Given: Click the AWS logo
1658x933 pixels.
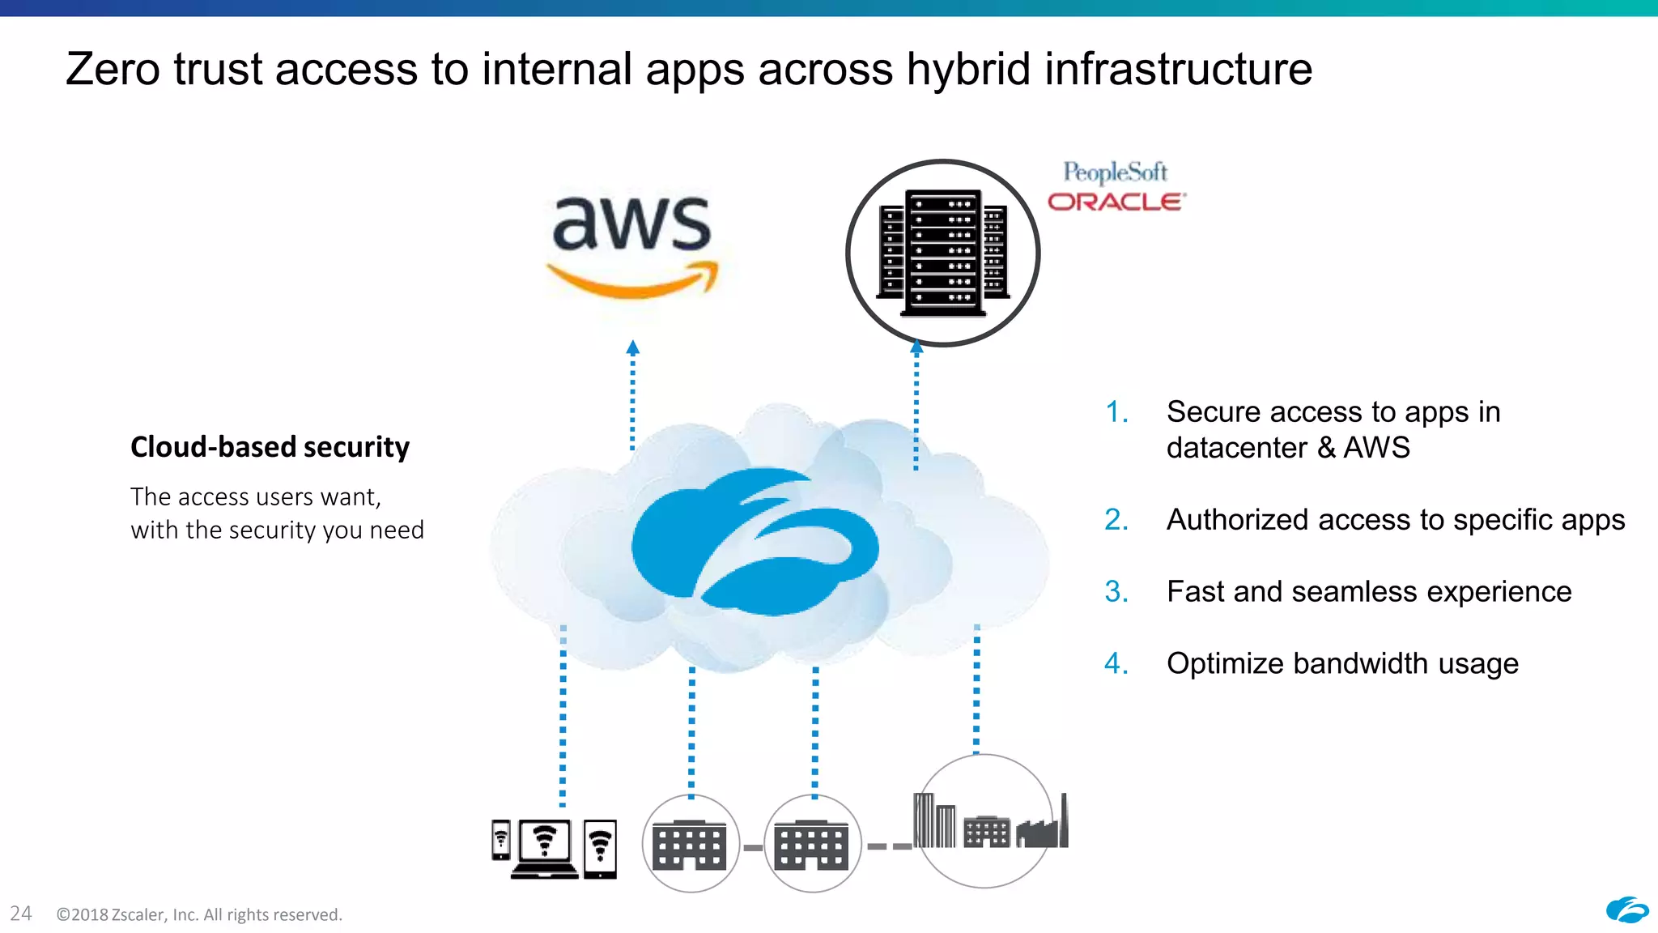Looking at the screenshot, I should click(631, 243).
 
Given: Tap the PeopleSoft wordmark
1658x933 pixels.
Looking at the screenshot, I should click(1115, 173).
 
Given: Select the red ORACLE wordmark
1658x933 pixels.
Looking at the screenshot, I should click(1116, 202).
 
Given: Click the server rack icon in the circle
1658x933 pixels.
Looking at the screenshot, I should click(943, 253).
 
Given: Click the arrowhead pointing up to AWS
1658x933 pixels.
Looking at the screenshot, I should click(633, 347).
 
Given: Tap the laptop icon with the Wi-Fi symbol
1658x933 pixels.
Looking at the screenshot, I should click(545, 848).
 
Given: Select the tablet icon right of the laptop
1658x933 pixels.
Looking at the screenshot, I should click(600, 849).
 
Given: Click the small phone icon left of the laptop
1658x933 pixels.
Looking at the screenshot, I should click(501, 840).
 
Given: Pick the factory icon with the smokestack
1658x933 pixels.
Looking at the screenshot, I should click(1044, 826).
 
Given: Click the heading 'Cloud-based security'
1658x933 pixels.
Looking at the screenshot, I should click(270, 447).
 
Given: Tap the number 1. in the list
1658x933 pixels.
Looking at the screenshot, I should click(1117, 412).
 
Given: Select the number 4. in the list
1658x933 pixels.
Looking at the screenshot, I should click(1116, 663).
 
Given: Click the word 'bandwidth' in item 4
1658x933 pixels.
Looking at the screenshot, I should click(1360, 663).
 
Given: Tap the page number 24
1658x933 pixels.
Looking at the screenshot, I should click(21, 914).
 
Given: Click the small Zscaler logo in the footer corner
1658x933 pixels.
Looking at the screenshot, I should click(1626, 910).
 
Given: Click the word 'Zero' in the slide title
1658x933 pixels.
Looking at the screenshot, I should click(113, 70).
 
